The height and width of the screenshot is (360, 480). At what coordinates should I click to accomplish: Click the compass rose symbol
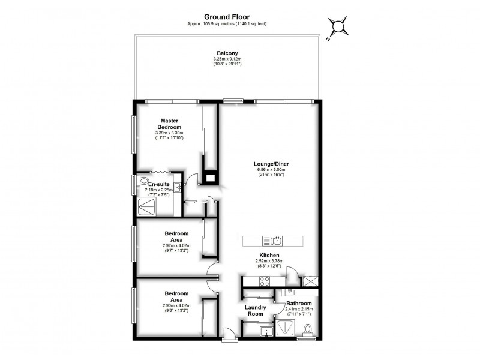(x=339, y=26)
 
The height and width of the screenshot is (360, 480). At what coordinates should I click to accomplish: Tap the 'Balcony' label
(x=227, y=53)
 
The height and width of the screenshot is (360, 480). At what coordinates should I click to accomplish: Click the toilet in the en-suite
(x=143, y=181)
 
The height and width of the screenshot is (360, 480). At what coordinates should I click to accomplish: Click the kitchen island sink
(x=274, y=241)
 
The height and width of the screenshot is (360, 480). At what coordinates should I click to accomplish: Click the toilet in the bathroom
(x=308, y=329)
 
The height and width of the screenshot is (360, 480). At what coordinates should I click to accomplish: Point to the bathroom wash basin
(x=290, y=292)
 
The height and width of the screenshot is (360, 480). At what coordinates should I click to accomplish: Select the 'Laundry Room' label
(x=256, y=310)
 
